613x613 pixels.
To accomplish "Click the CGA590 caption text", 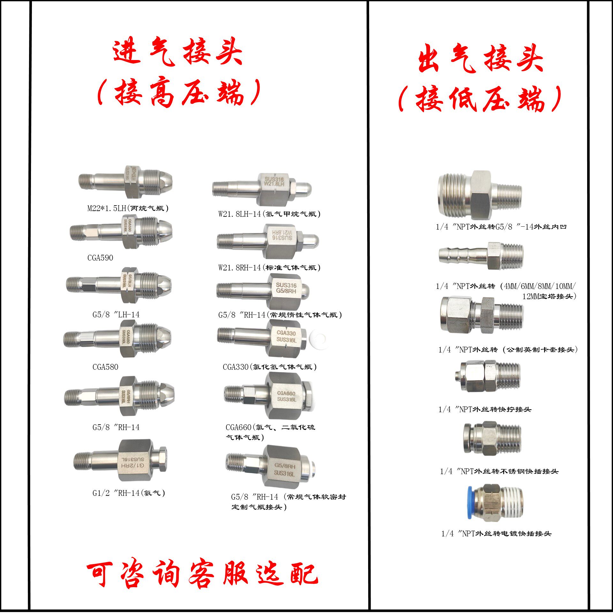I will click(x=100, y=258).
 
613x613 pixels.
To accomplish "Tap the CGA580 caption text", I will click(x=105, y=367).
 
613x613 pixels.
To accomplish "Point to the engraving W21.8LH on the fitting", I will click(x=274, y=184).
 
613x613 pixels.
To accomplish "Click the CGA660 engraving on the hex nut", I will click(x=286, y=393).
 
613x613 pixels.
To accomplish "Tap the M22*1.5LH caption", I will click(x=128, y=208).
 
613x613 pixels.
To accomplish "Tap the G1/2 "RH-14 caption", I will click(x=129, y=493).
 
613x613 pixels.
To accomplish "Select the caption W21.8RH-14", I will click(x=269, y=268).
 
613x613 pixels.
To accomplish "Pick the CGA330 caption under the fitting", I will click(x=269, y=367).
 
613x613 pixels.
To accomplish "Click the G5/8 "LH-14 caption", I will click(x=116, y=315).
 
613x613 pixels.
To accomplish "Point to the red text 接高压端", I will click(x=179, y=93).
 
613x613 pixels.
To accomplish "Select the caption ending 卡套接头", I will click(x=508, y=350).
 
